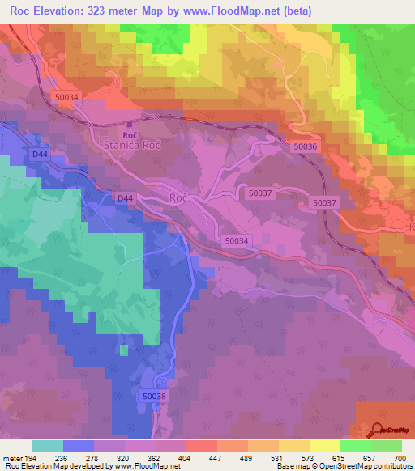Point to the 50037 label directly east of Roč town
point(260,193)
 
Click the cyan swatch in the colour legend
point(47,446)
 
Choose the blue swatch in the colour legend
point(78,446)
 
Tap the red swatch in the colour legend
point(201,446)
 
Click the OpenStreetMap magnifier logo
point(378,431)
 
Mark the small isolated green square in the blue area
point(123,350)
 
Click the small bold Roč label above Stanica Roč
point(129,134)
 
